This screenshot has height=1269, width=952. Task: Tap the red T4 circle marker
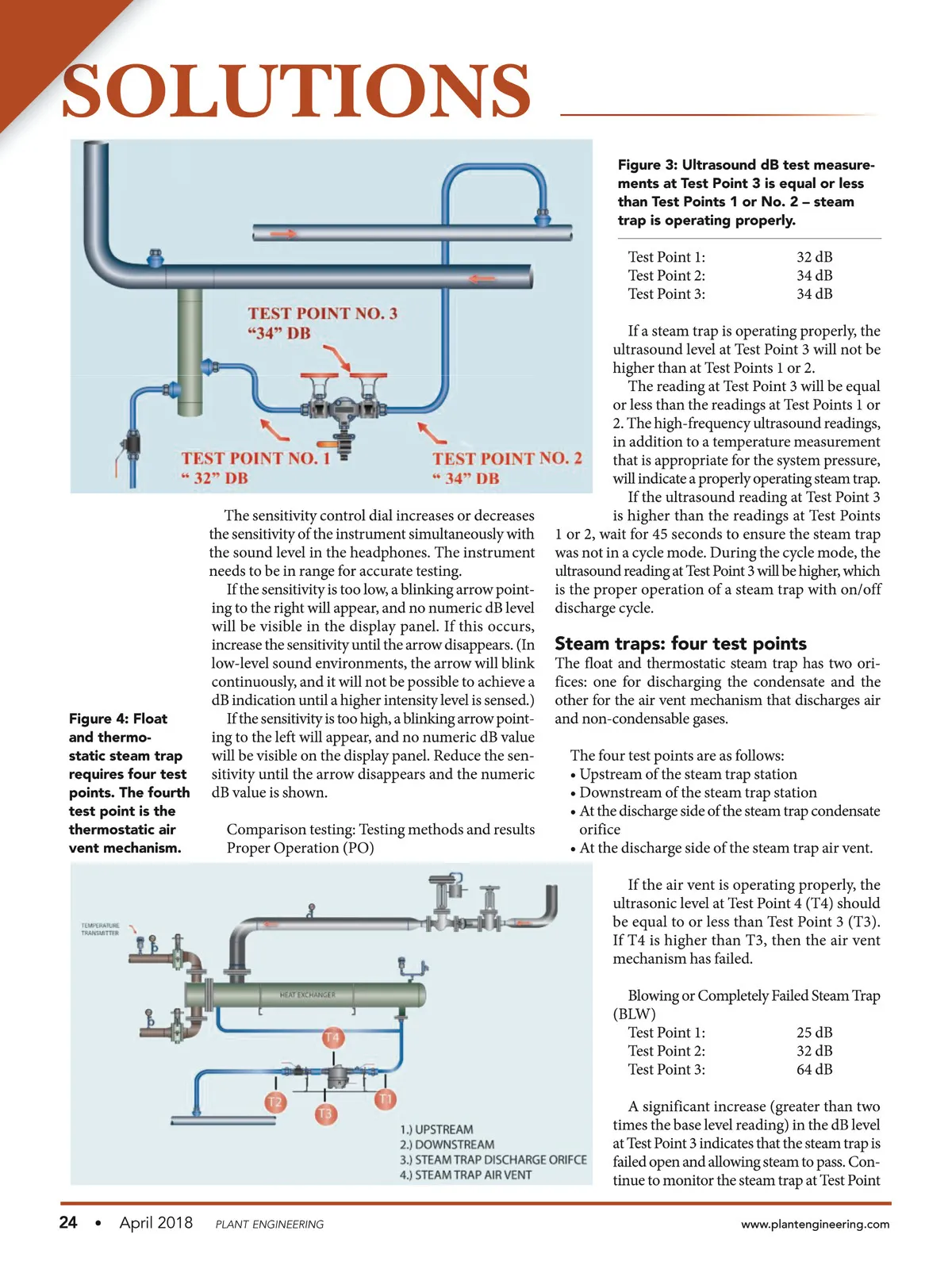(x=332, y=1037)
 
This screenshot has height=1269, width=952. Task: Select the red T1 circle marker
(x=386, y=1098)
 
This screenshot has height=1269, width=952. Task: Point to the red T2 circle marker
(x=274, y=1102)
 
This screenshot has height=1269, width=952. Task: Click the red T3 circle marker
(x=325, y=1114)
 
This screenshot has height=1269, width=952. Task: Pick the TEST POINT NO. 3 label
(x=322, y=313)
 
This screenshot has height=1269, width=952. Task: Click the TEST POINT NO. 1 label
(x=255, y=458)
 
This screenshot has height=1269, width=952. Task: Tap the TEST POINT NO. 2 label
(x=507, y=458)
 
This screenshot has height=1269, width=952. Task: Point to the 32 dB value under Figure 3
(x=814, y=257)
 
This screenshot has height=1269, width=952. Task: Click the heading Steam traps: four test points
(x=680, y=643)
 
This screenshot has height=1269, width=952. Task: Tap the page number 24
(x=68, y=1222)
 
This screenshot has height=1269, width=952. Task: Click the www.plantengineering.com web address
(x=815, y=1224)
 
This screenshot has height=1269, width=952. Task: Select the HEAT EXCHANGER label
(x=307, y=995)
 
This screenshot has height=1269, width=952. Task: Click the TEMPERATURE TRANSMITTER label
(x=100, y=929)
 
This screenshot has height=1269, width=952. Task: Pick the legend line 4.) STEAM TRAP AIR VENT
(x=466, y=1175)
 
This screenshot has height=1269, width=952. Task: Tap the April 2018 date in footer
(x=155, y=1222)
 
